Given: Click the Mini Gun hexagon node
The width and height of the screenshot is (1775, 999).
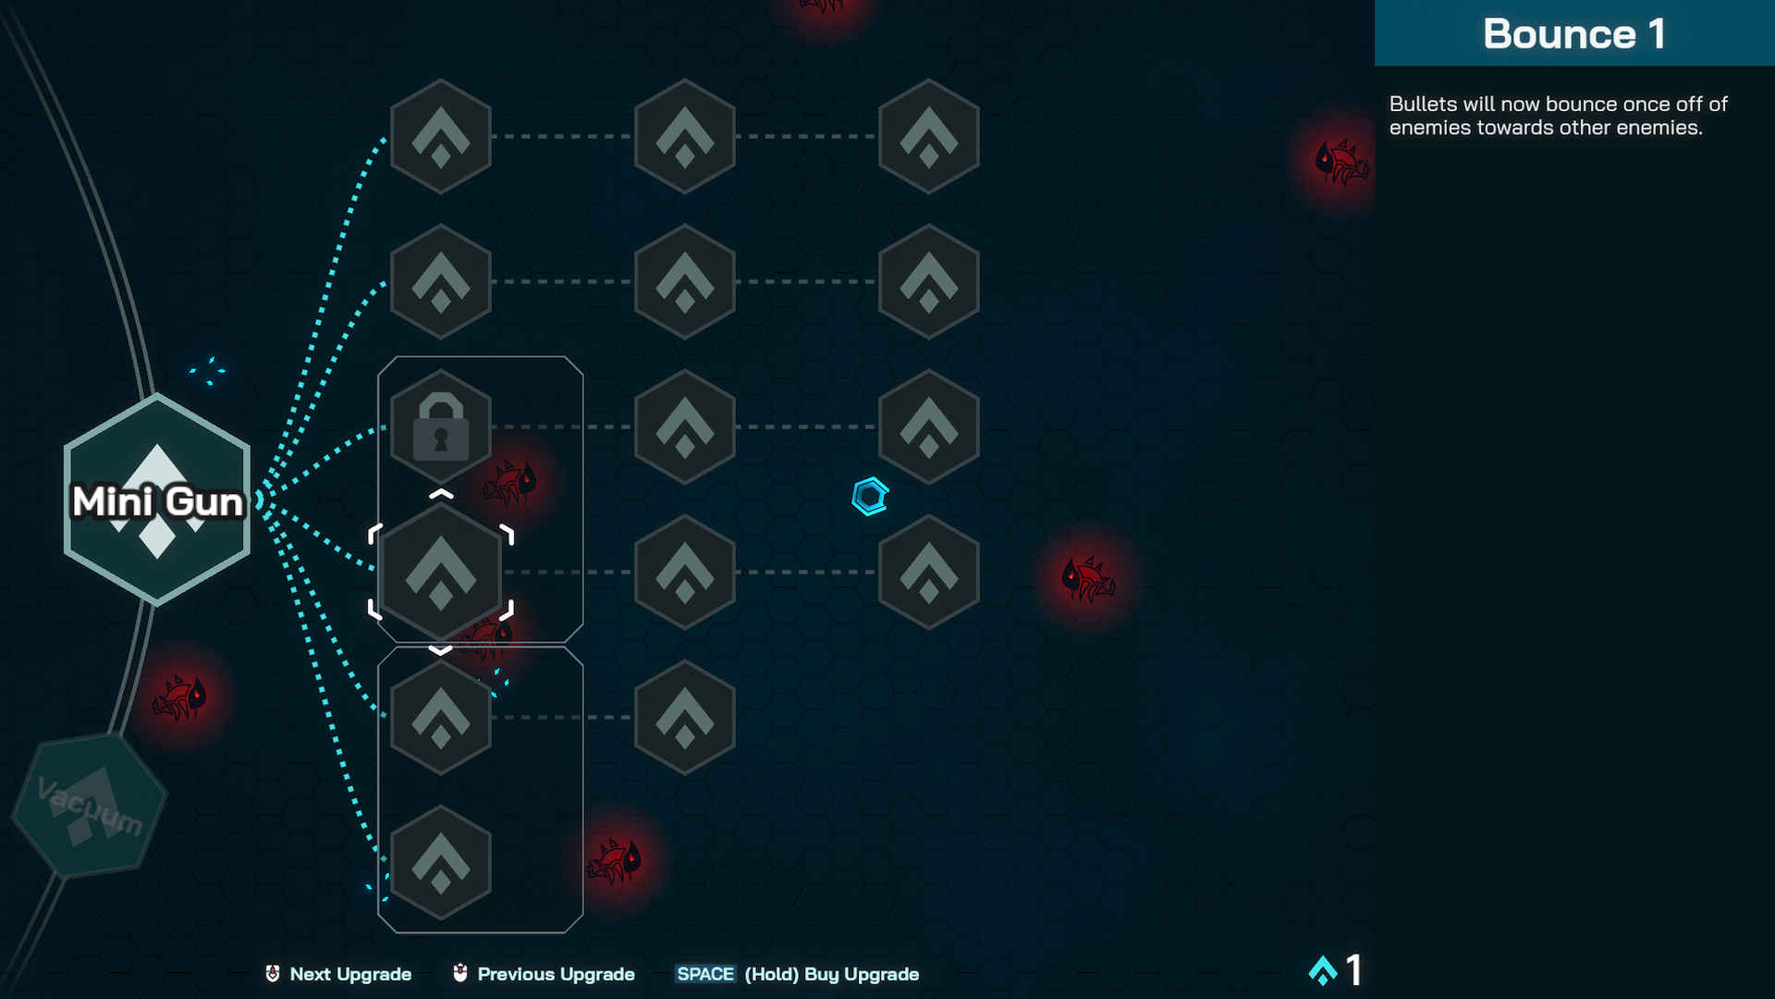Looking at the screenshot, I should pyautogui.click(x=157, y=499).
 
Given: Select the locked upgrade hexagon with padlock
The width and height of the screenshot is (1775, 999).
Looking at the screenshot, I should pyautogui.click(x=441, y=426).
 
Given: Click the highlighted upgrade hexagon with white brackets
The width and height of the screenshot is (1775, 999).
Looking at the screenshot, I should pyautogui.click(x=441, y=572).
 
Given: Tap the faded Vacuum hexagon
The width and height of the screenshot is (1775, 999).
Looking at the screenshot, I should pyautogui.click(x=89, y=805).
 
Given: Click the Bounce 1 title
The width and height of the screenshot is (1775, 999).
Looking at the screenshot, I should pyautogui.click(x=1573, y=34).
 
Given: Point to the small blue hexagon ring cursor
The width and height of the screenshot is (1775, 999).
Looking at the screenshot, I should pyautogui.click(x=870, y=497).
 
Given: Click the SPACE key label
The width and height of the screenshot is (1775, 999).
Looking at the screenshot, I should pyautogui.click(x=705, y=974).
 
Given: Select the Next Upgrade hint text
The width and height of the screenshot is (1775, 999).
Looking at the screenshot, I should pyautogui.click(x=350, y=974).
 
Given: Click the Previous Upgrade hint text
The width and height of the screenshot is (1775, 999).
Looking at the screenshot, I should pyautogui.click(x=556, y=974).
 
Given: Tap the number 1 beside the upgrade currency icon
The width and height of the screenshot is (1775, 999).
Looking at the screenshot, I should pyautogui.click(x=1354, y=970).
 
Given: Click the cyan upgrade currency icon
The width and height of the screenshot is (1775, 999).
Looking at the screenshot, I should pyautogui.click(x=1323, y=970).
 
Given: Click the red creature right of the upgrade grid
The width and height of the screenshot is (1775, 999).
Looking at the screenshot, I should pyautogui.click(x=1088, y=579).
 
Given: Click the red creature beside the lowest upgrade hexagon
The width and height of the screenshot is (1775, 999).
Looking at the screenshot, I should pyautogui.click(x=615, y=861).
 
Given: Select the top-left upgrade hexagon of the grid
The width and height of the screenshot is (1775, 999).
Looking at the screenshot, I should pyautogui.click(x=441, y=136).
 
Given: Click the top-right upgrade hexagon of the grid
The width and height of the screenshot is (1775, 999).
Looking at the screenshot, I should pyautogui.click(x=928, y=136).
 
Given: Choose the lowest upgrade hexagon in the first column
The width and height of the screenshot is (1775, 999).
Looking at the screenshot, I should pyautogui.click(x=441, y=862).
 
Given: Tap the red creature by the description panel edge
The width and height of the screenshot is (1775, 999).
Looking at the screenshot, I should pyautogui.click(x=1340, y=163).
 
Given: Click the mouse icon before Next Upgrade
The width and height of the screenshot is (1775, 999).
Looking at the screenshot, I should pyautogui.click(x=273, y=973).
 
